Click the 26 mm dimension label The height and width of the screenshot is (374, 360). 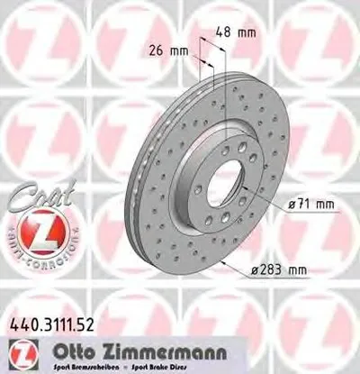click(169, 50)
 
